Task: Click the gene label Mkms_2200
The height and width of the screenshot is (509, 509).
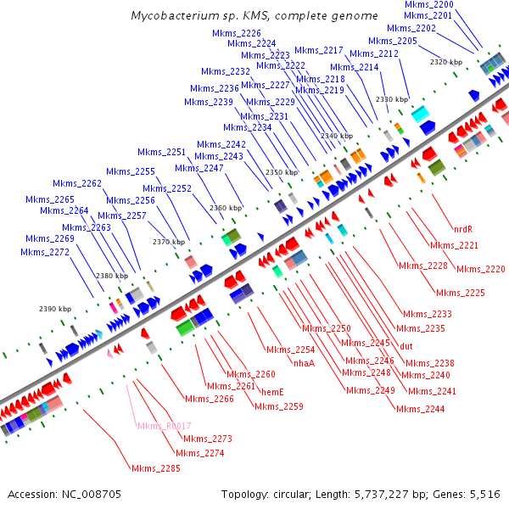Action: tap(428, 5)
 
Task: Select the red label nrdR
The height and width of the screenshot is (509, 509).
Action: tap(462, 229)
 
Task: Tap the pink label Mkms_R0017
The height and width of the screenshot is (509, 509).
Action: tap(164, 426)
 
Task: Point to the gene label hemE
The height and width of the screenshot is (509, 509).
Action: tap(271, 392)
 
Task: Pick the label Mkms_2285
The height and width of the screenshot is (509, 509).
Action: tap(155, 467)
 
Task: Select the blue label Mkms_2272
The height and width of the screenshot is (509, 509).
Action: tap(45, 252)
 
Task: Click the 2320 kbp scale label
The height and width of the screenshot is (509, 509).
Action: tap(446, 63)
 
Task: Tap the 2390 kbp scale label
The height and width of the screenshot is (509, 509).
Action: tap(53, 308)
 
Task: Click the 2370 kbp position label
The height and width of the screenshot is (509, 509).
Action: tap(169, 242)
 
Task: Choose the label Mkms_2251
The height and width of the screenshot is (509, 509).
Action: tap(162, 153)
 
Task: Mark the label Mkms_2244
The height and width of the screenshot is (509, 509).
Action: tap(421, 409)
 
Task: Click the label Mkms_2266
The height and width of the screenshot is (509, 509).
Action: tap(209, 399)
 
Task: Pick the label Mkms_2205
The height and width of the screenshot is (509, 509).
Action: tap(393, 41)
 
